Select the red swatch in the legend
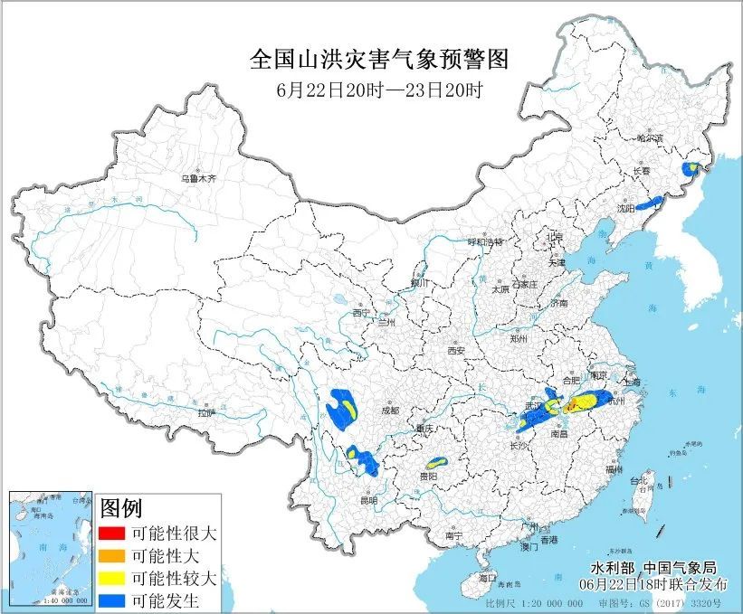113,534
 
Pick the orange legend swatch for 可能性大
113,555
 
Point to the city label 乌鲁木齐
198,179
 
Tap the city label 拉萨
206,412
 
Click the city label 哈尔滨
650,138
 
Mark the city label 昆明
367,500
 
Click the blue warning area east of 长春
691,169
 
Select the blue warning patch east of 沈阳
649,203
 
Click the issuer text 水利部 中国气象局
653,568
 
